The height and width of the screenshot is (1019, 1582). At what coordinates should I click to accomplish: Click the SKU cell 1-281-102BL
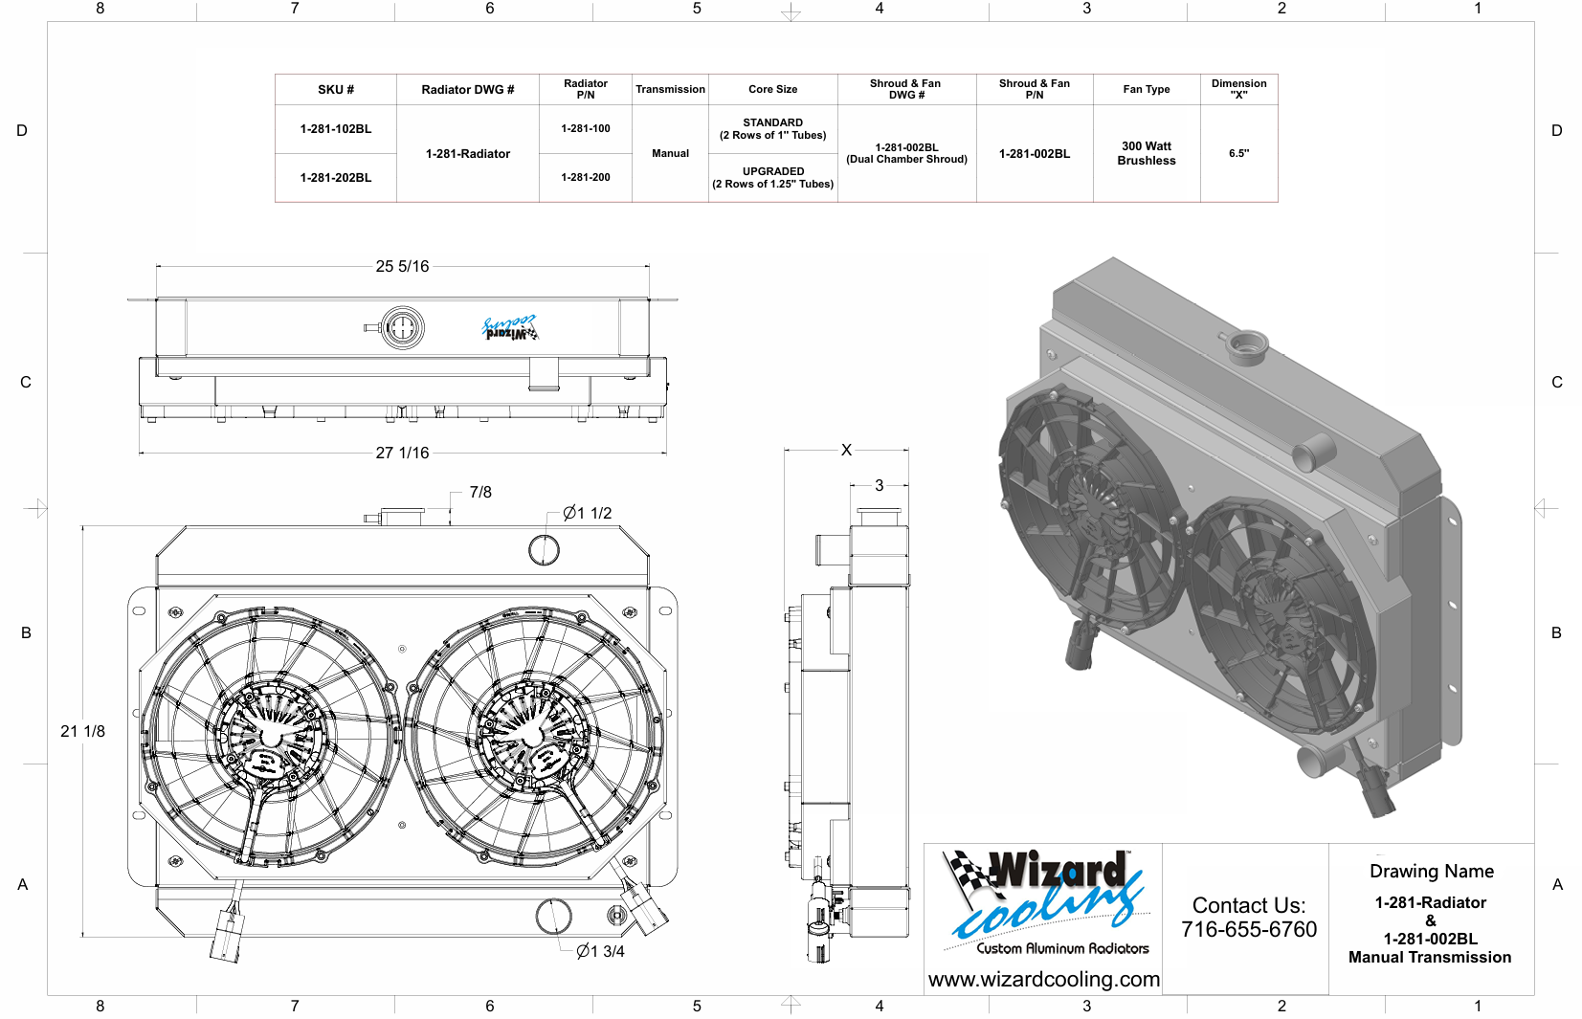[336, 128]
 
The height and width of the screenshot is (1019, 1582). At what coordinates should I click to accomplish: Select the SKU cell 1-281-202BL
[336, 177]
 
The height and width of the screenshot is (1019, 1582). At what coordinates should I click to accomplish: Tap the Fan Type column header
[1147, 89]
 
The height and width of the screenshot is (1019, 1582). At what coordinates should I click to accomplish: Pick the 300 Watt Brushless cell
[1147, 153]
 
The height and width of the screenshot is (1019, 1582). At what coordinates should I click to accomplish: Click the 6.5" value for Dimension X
[1238, 153]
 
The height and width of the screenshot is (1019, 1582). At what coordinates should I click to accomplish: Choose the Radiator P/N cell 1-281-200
[586, 177]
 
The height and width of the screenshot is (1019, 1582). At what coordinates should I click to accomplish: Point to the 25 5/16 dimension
[402, 266]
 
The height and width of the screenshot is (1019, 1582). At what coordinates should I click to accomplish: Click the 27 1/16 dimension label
[402, 453]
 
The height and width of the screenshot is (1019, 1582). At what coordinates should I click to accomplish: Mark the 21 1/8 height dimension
[82, 731]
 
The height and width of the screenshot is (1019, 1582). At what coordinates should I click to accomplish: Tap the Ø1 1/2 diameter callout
[587, 514]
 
